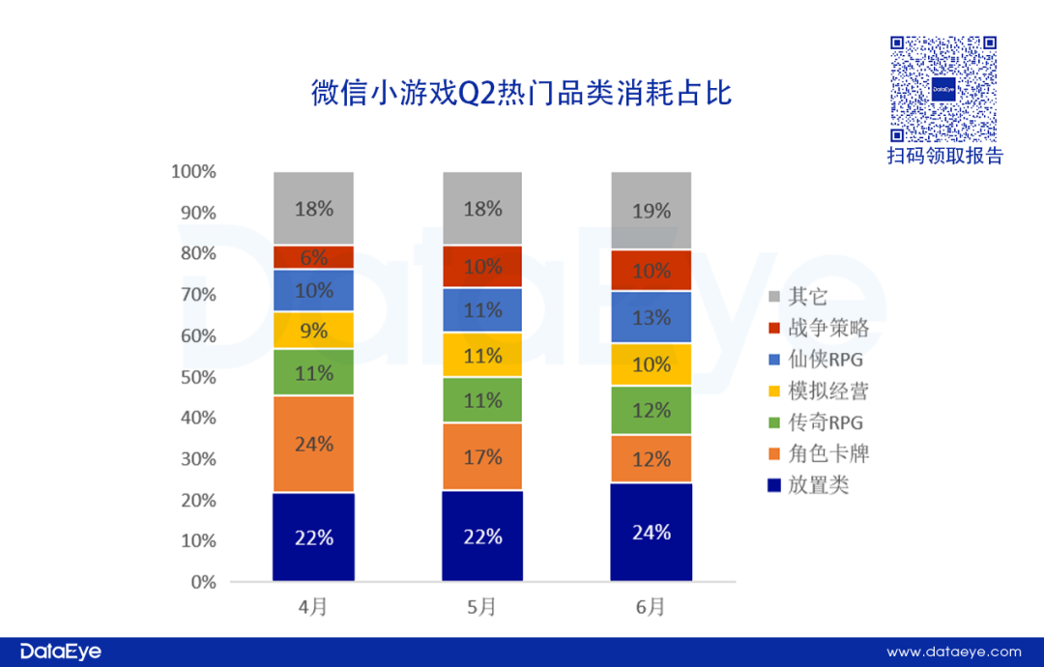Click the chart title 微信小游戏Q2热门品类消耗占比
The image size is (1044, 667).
click(x=521, y=94)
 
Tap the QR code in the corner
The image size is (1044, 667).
click(x=942, y=89)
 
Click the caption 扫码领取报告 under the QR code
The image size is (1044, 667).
click(x=944, y=157)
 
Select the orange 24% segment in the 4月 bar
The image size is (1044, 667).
click(x=313, y=444)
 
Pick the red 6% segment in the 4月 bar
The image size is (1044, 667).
click(x=313, y=257)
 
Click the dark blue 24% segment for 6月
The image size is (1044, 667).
click(x=652, y=532)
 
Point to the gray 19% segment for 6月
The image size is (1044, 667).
click(x=652, y=211)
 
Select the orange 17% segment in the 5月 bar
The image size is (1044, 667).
click(x=482, y=456)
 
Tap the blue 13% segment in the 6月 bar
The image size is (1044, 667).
click(x=652, y=317)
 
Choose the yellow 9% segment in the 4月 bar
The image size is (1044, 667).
click(x=313, y=331)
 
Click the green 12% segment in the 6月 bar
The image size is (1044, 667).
click(x=652, y=410)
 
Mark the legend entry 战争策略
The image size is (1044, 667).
click(x=818, y=329)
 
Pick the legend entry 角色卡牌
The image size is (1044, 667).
click(x=818, y=454)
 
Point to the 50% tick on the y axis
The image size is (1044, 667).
click(x=196, y=377)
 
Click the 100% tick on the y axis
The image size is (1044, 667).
click(x=193, y=172)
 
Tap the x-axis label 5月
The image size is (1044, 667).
click(x=482, y=607)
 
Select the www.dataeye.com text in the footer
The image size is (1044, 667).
click(x=953, y=652)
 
